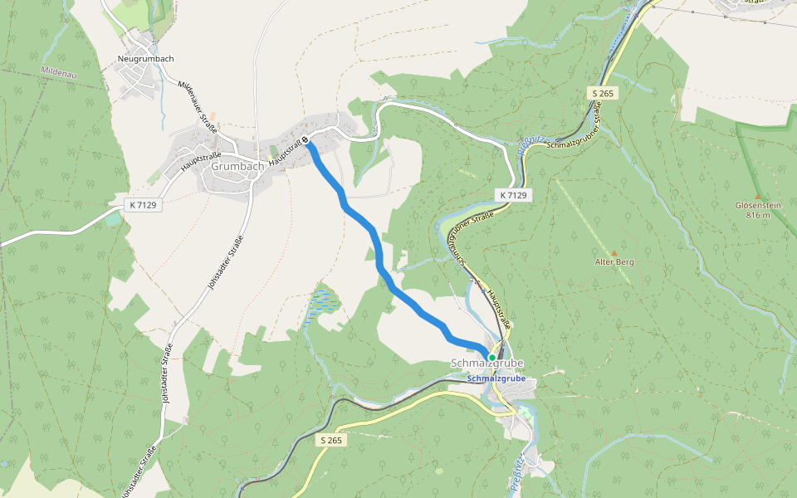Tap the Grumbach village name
(237, 166)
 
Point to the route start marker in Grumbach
(306, 140)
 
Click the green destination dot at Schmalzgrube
(492, 358)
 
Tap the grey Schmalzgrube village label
(487, 364)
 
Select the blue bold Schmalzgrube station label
(496, 378)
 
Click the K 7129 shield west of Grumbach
(143, 204)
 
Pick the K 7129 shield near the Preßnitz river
(513, 195)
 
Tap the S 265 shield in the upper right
(604, 93)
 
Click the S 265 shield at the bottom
(330, 441)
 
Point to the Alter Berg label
(614, 262)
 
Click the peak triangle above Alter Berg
(614, 252)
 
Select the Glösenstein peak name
(757, 205)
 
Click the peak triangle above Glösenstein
(757, 196)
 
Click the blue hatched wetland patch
(323, 303)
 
